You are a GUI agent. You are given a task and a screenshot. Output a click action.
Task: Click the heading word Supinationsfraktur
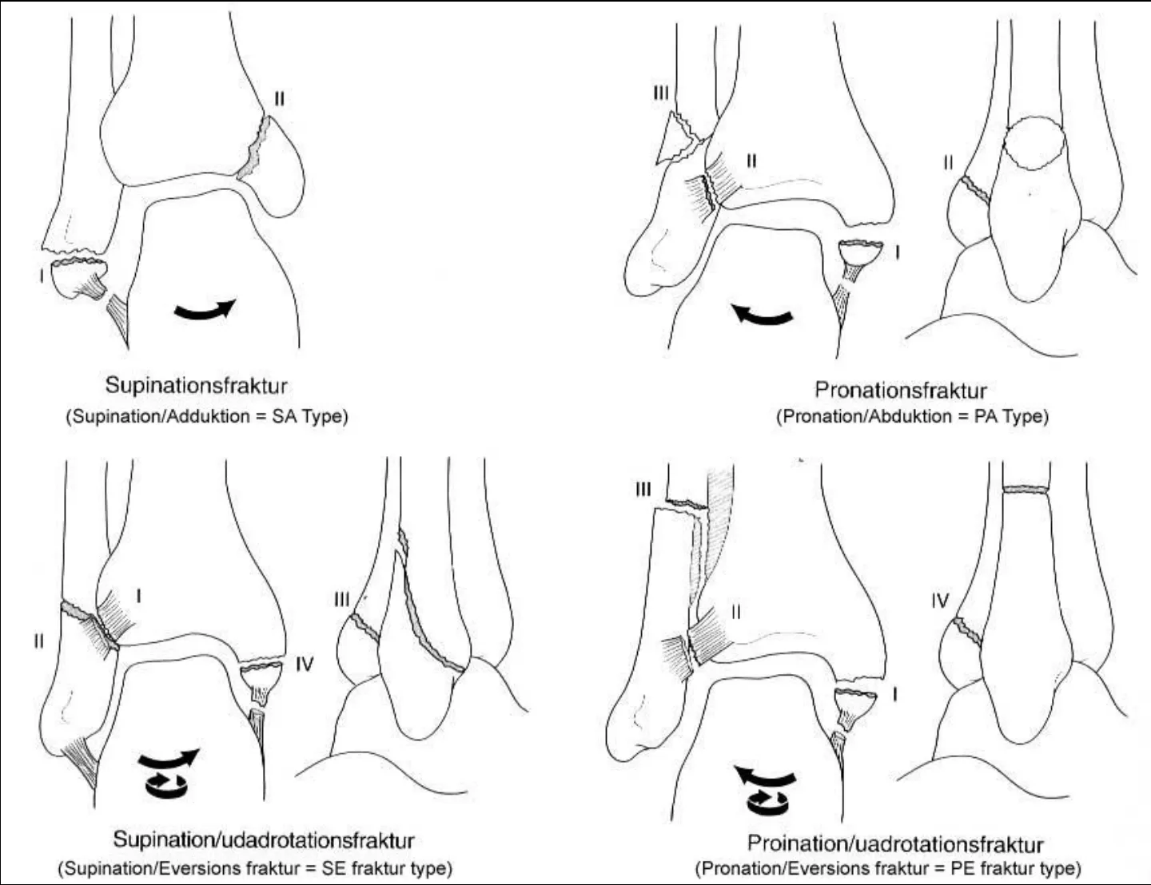coord(197,385)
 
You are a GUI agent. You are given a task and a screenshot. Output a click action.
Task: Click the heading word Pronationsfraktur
coord(901,390)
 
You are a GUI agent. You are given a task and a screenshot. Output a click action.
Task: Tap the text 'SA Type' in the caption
coord(310,417)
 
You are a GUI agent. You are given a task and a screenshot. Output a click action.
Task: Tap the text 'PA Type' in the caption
coord(1011,417)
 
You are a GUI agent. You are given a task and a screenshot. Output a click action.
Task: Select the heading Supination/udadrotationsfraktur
coord(264,839)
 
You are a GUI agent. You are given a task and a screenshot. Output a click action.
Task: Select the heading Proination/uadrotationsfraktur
coord(895,843)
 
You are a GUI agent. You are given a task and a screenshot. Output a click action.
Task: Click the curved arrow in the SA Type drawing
coord(205,310)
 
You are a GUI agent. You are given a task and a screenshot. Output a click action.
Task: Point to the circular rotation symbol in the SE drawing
coord(165,785)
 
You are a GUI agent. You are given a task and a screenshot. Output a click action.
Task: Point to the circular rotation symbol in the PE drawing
coord(767,803)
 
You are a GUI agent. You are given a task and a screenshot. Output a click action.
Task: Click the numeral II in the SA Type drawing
coord(279,98)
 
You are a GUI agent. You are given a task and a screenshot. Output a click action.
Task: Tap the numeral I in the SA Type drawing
coord(42,276)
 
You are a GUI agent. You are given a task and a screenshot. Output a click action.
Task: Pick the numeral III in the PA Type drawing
coord(661,93)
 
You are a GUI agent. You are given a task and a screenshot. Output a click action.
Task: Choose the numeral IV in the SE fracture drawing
coord(305,664)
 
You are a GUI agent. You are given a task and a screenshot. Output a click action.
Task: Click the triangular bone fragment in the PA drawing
coord(676,138)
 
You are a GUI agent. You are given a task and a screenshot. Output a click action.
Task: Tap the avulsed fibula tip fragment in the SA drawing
coord(79,279)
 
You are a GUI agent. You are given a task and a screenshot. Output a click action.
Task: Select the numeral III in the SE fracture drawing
coord(341,599)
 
